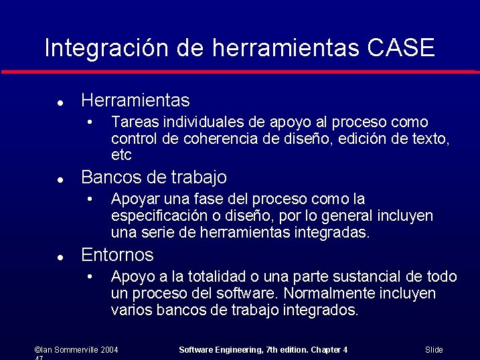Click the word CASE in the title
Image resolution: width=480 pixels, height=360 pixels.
[401, 48]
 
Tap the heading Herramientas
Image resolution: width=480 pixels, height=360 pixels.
[135, 100]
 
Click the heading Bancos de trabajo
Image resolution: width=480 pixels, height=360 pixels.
[153, 177]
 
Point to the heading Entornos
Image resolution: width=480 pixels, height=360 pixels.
[117, 255]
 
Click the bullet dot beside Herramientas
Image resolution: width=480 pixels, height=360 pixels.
[60, 103]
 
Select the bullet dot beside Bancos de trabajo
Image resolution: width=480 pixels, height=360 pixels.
[60, 180]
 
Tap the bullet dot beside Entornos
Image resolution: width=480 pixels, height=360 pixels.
[60, 257]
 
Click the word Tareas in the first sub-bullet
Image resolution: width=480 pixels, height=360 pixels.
[131, 122]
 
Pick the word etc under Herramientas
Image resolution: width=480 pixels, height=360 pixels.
[121, 155]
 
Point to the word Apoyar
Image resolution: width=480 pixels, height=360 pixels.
[133, 199]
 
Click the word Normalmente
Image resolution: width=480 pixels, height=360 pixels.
[323, 294]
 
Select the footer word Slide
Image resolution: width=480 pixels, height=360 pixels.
[434, 350]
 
